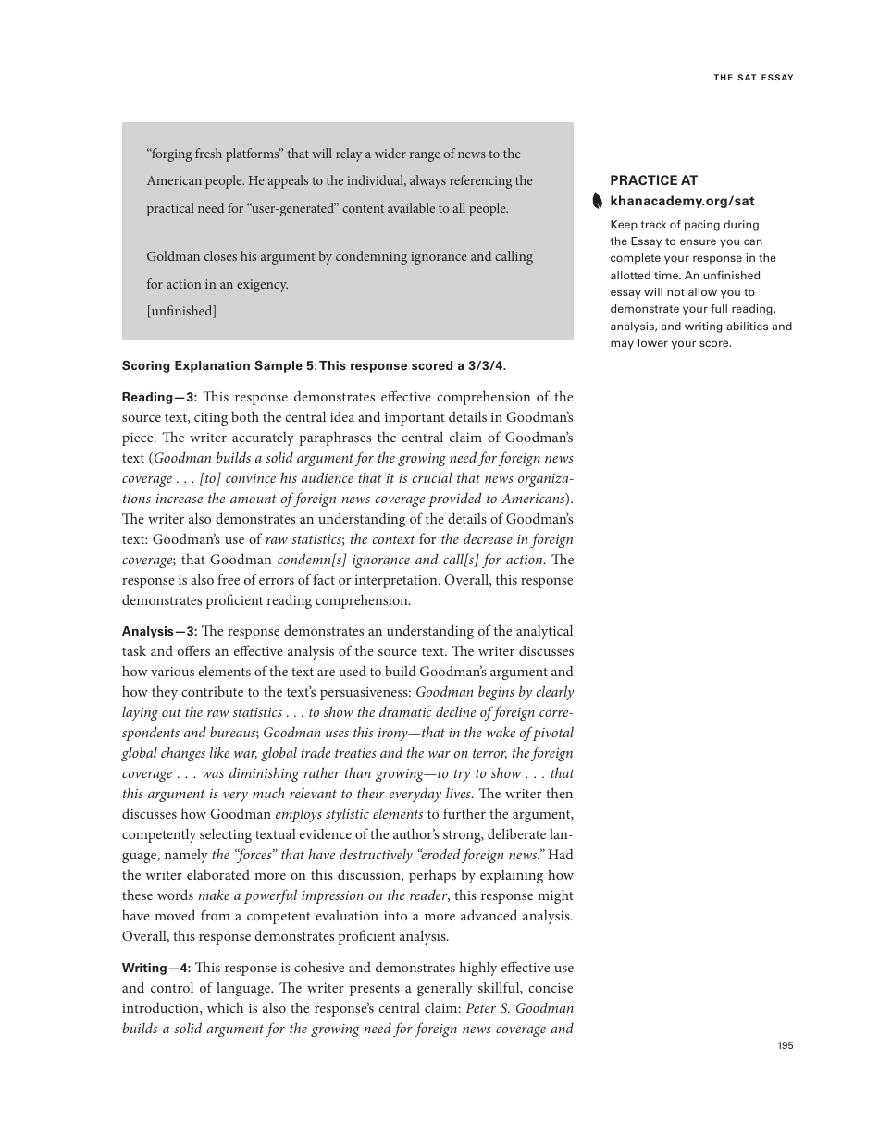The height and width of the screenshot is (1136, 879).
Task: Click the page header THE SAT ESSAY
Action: [753, 78]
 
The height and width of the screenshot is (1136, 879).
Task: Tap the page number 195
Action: [785, 1045]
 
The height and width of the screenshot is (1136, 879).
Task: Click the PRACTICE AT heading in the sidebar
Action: [653, 180]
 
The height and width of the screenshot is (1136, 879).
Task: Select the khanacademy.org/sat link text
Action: [682, 201]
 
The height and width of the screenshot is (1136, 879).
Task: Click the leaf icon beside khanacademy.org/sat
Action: [598, 202]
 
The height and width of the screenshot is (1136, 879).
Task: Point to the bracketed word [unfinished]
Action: [181, 311]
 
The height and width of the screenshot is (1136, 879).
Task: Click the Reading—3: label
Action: [159, 397]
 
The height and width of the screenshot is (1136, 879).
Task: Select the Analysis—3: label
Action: [159, 631]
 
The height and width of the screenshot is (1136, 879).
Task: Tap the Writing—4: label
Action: [156, 968]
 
